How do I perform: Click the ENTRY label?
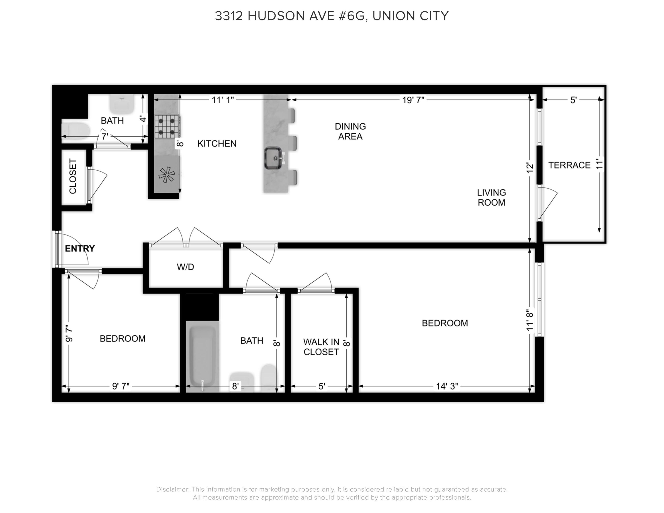click(x=80, y=249)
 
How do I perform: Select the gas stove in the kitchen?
click(x=167, y=126)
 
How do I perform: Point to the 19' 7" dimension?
click(x=413, y=100)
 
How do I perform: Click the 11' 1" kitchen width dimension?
click(x=223, y=100)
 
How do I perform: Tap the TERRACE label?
click(x=569, y=165)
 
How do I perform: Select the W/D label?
click(x=185, y=267)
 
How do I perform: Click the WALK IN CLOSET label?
click(x=321, y=347)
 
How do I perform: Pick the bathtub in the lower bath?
click(x=202, y=357)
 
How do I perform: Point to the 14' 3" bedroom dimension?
click(x=447, y=386)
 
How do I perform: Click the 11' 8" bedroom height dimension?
click(x=530, y=320)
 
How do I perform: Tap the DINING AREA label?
click(x=350, y=131)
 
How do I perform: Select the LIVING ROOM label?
click(x=491, y=197)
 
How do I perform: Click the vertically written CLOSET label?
click(x=73, y=176)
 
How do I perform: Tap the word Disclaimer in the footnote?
click(x=173, y=489)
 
